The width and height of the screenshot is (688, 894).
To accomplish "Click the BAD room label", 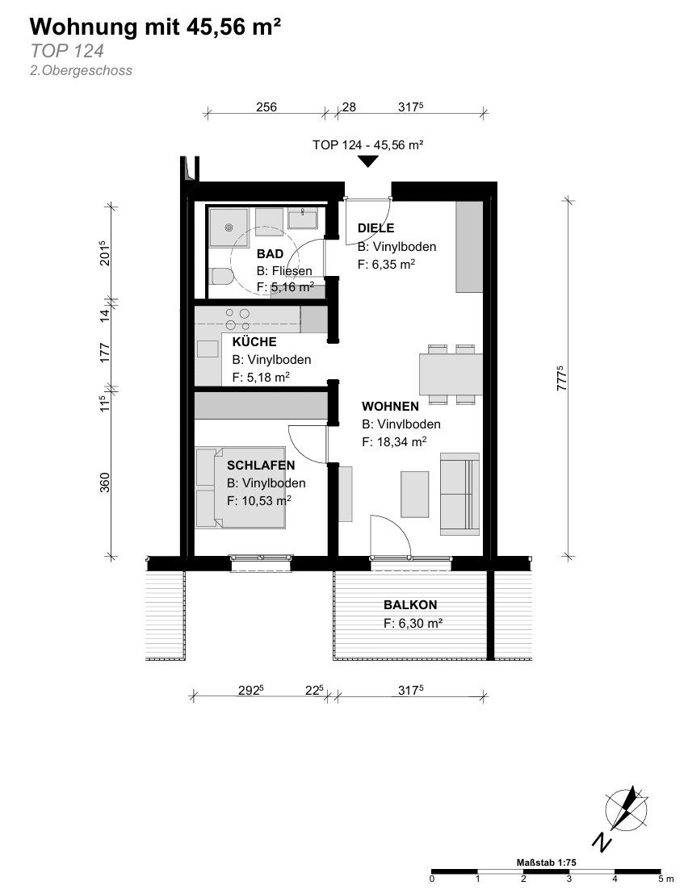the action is click(x=270, y=253).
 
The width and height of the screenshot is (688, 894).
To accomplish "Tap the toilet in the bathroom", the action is click(x=220, y=277).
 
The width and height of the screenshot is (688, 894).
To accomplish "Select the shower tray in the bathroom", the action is click(x=229, y=228).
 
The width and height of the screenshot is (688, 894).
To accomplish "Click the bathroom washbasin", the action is click(x=302, y=219).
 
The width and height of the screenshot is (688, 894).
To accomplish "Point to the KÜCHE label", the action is click(x=254, y=342).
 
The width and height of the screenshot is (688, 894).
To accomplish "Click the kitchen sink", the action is click(x=208, y=349).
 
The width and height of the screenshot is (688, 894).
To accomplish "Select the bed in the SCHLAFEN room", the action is click(x=240, y=487).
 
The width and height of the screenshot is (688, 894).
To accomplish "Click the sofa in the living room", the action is click(x=459, y=494).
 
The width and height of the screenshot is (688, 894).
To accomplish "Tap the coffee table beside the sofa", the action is click(x=415, y=494).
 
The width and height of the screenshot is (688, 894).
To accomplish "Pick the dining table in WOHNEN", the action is click(x=451, y=374).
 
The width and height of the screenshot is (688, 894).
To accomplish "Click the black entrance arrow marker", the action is click(x=368, y=161).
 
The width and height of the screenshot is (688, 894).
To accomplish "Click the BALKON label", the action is click(x=410, y=605).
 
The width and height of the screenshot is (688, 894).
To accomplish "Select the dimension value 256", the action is click(x=266, y=107).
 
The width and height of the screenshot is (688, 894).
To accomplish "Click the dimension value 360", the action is click(x=105, y=483).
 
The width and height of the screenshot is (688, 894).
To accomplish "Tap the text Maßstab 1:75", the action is click(x=547, y=862).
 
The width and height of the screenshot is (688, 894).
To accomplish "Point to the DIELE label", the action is click(x=376, y=228).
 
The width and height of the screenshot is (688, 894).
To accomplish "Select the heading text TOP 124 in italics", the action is click(x=67, y=51).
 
